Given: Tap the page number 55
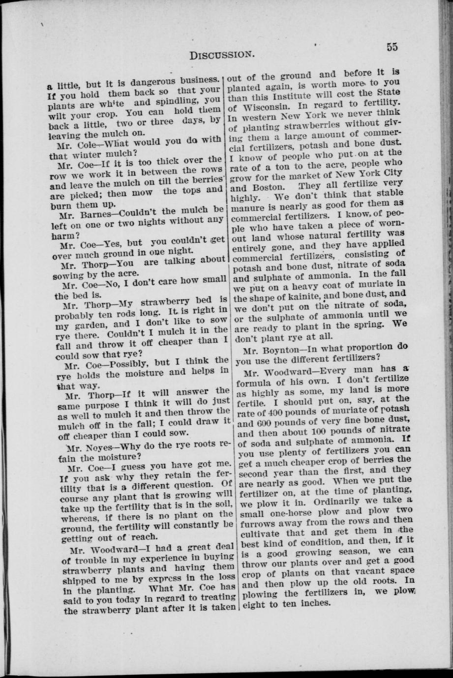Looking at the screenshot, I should click(x=392, y=47).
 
